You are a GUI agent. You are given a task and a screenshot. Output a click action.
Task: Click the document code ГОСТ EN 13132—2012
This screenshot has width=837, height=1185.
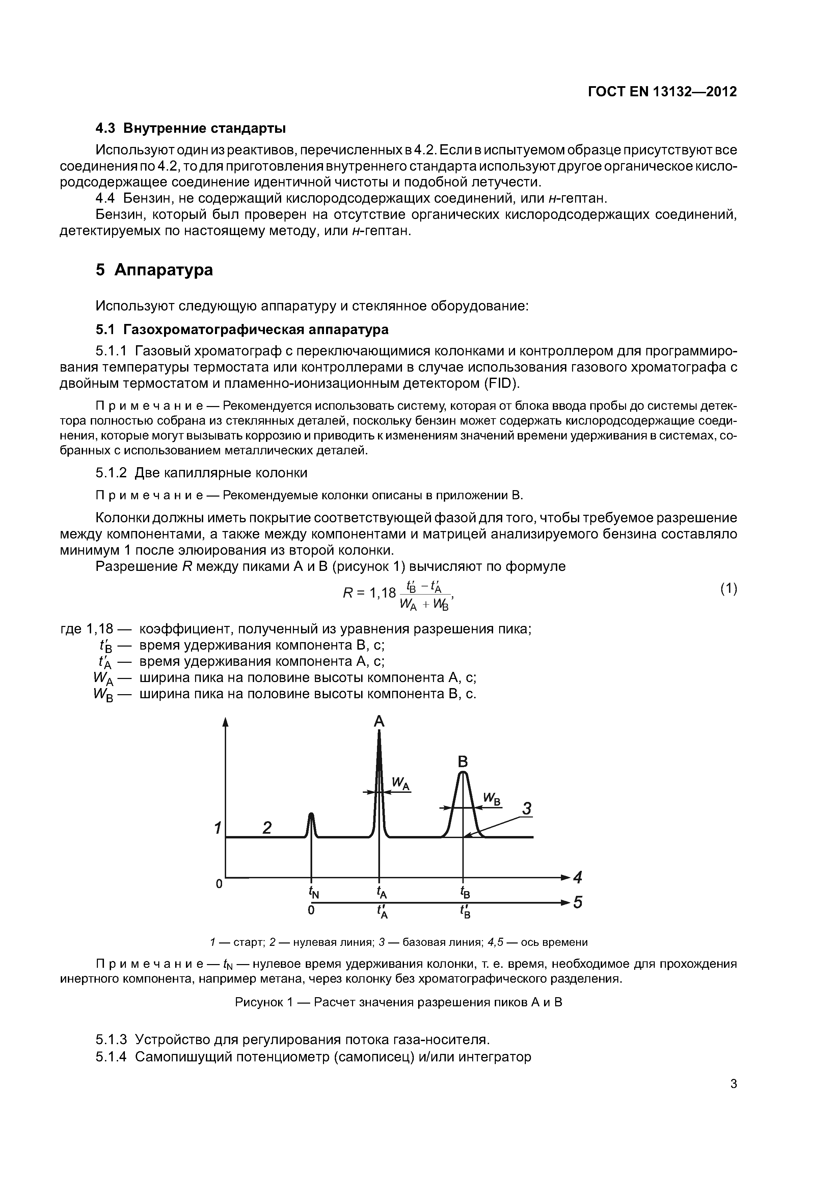pyautogui.click(x=662, y=92)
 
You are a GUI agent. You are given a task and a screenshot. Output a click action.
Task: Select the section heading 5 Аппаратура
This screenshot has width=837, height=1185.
pyautogui.click(x=154, y=270)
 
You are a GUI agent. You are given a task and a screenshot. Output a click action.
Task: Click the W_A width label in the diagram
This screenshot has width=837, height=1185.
pyautogui.click(x=400, y=784)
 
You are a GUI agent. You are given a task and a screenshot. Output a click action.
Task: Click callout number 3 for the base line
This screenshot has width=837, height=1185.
pyautogui.click(x=526, y=808)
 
